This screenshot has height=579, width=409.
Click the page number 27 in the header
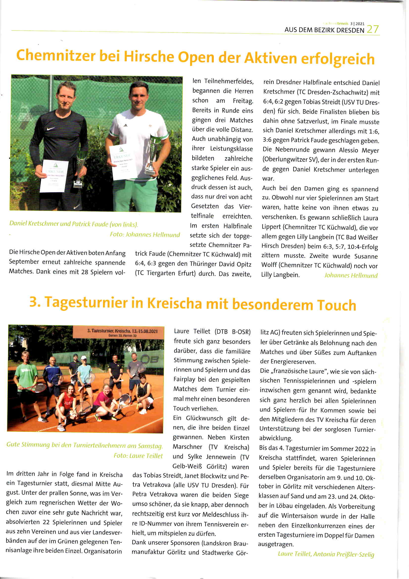[x=373, y=29]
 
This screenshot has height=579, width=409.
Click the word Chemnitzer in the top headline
[x=56, y=55]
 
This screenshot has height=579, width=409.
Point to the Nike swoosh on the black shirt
[x=51, y=129]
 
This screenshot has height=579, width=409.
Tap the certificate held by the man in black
[x=54, y=176]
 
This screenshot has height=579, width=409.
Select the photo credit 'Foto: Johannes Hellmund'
[x=145, y=235]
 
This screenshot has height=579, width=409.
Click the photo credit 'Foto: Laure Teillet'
[x=138, y=456]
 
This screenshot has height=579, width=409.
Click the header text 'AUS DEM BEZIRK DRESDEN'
[x=324, y=30]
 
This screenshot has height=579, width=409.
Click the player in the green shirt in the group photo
[x=26, y=378]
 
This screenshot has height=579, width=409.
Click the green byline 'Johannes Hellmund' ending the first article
[x=351, y=275]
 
